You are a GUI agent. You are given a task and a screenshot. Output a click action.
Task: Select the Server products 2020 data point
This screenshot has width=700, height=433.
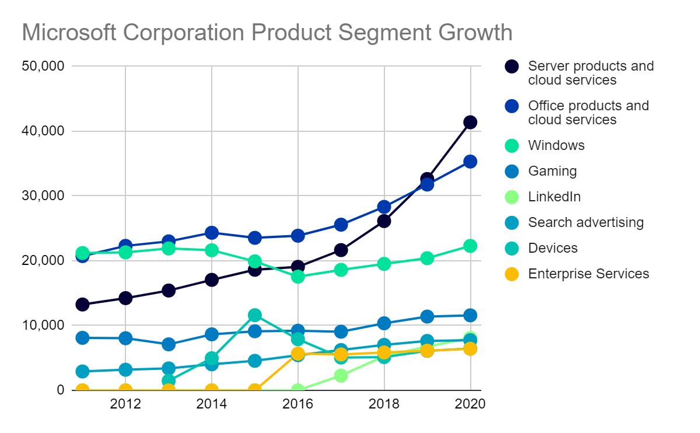click(x=470, y=122)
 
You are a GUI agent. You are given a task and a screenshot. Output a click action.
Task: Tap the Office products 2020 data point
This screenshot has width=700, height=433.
click(x=470, y=162)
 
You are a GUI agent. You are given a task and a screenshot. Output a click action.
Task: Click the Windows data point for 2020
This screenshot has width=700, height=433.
click(x=470, y=246)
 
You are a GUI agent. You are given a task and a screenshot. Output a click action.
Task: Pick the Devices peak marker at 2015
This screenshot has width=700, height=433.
click(x=255, y=315)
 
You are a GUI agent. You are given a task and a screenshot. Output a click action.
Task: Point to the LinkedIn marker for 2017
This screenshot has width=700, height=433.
click(x=341, y=376)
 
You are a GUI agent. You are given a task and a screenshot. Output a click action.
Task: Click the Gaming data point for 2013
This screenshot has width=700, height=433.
click(x=169, y=344)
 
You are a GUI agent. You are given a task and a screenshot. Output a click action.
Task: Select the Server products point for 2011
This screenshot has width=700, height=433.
click(x=82, y=305)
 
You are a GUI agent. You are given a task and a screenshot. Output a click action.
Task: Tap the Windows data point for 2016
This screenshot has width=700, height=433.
click(x=298, y=277)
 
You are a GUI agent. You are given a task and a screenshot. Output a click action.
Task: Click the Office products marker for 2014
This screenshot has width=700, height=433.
click(x=212, y=233)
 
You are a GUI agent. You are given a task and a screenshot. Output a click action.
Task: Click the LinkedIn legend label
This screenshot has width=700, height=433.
click(x=554, y=197)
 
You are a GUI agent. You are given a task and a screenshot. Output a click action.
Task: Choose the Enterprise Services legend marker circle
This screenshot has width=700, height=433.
click(x=512, y=274)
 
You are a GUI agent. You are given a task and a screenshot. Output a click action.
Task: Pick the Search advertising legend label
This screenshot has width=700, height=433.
click(x=586, y=222)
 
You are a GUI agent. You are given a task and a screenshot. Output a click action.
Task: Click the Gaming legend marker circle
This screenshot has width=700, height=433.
click(x=512, y=171)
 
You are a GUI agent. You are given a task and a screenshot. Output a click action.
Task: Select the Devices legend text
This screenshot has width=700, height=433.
click(x=552, y=248)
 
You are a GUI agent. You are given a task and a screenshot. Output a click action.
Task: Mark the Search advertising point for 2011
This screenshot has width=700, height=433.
click(x=82, y=371)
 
